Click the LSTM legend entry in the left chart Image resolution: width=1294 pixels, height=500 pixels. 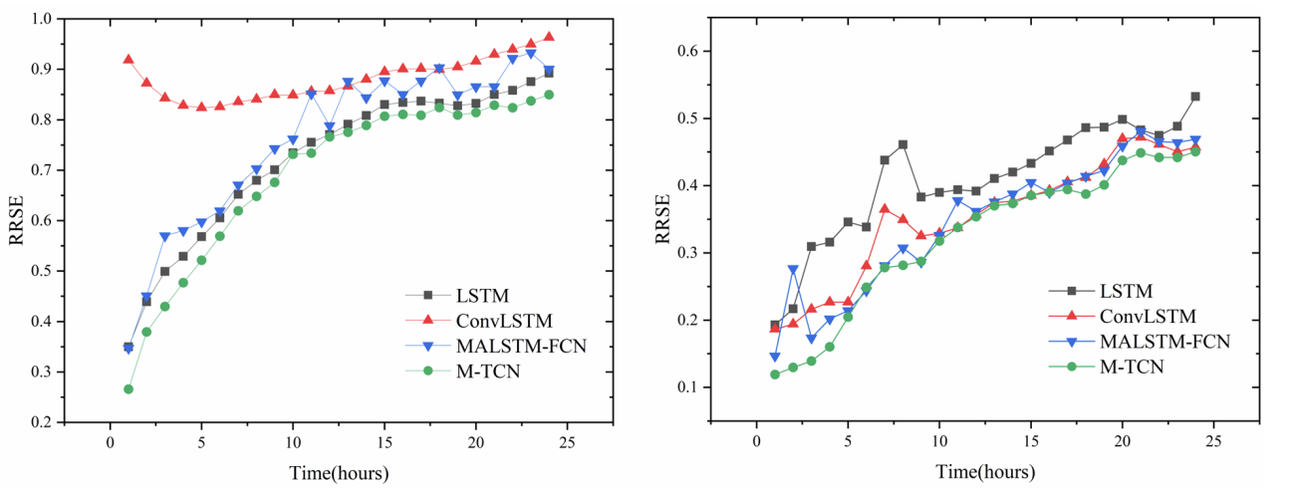point(484,295)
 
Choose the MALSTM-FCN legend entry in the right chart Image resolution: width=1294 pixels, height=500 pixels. point(1165,341)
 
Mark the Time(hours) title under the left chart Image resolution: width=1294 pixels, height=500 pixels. point(339,473)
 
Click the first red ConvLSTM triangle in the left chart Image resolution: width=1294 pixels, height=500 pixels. point(129,59)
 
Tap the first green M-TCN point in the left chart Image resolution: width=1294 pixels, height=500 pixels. point(129,388)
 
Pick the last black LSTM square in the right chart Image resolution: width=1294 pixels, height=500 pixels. point(1195,97)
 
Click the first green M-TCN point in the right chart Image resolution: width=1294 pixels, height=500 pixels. point(774,375)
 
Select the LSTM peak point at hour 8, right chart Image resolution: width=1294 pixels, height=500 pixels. point(903,144)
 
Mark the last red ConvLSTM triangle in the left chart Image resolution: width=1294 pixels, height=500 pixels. point(549,37)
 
